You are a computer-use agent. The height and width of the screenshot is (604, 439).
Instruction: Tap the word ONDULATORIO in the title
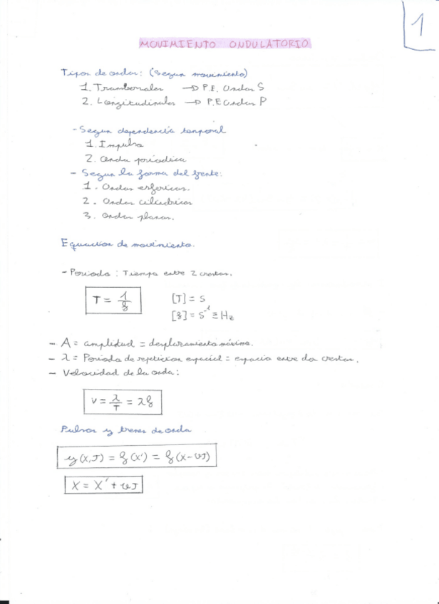(270, 44)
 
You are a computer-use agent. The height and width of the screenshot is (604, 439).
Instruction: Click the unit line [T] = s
(187, 299)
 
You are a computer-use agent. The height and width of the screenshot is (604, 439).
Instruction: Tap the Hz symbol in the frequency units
(229, 315)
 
